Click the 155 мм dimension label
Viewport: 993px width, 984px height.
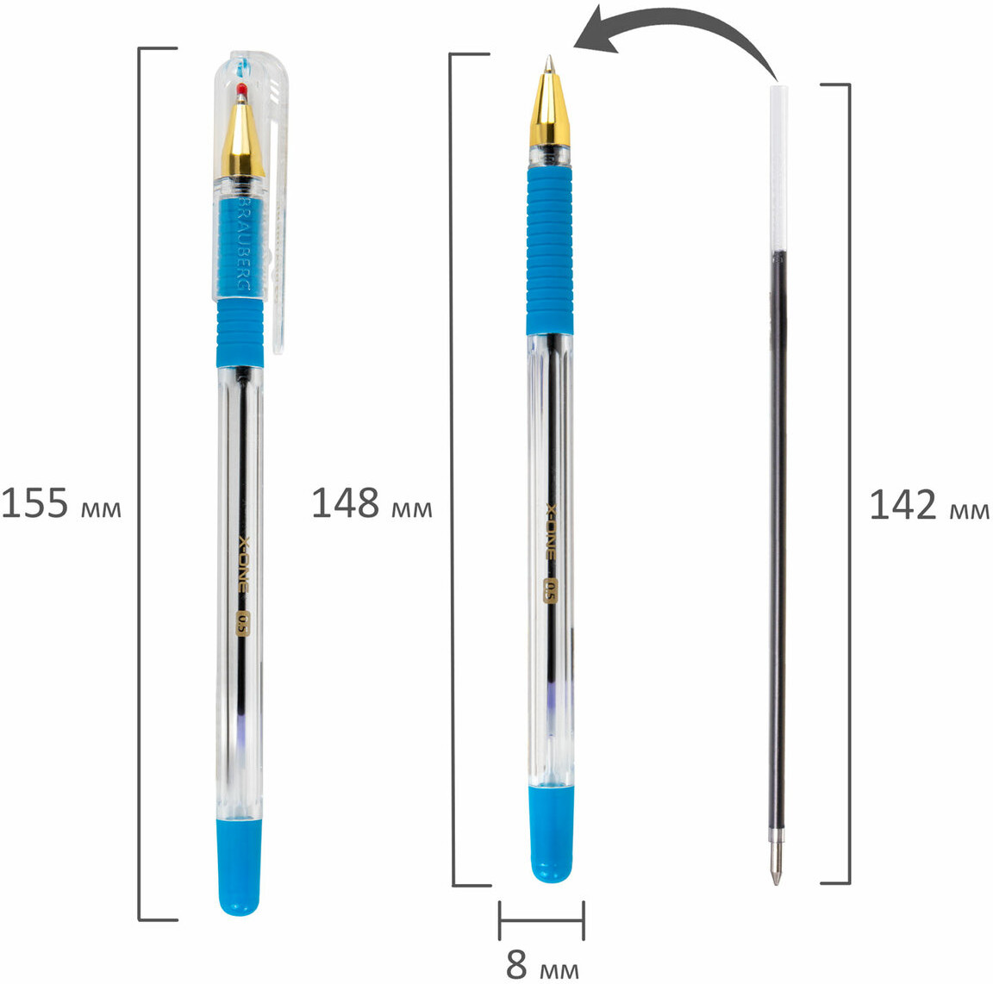tap(61, 504)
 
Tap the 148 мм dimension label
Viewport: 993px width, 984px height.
tap(372, 504)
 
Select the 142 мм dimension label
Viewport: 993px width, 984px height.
tap(929, 505)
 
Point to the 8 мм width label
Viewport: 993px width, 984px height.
tap(542, 964)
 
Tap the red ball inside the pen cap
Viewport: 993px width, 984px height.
tap(241, 90)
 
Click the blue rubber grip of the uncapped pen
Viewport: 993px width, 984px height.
tap(550, 251)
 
